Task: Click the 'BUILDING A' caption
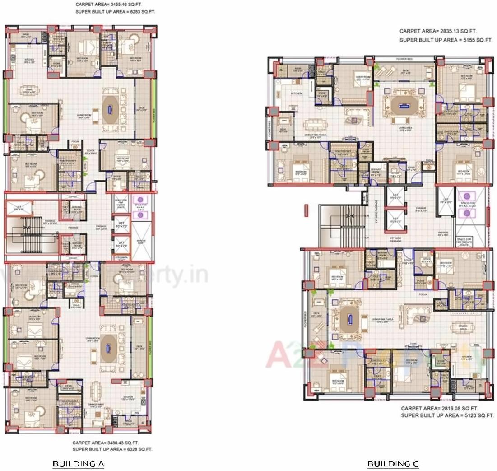(78, 464)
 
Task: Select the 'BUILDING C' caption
(393, 464)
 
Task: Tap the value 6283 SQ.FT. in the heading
(139, 11)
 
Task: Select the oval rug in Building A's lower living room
(108, 348)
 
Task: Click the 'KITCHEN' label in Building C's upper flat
(296, 93)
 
